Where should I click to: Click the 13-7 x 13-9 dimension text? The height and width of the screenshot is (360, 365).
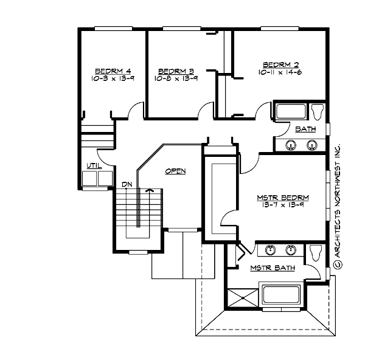tap(283, 206)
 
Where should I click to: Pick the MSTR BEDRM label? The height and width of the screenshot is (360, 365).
tap(283, 198)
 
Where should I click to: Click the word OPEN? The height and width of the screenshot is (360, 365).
tap(175, 171)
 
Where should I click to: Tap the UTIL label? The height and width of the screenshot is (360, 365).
tap(94, 165)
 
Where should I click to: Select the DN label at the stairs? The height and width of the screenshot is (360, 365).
tap(127, 184)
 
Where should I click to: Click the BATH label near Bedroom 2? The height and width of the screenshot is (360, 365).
tap(305, 130)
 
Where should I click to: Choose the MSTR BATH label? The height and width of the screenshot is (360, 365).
tap(273, 268)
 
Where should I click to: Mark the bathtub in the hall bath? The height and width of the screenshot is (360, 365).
tap(291, 112)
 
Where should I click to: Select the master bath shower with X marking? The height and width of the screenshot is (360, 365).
tap(242, 297)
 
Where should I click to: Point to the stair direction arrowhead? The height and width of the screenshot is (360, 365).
tap(148, 190)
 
